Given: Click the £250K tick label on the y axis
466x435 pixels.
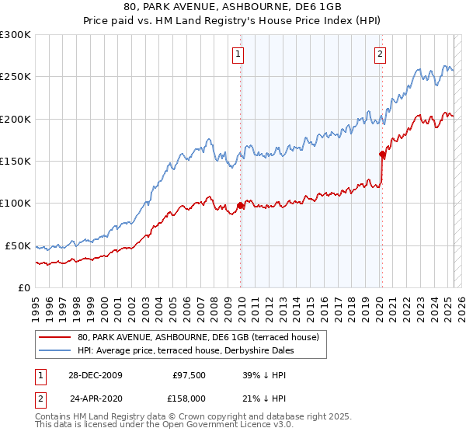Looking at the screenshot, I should click(x=15, y=77).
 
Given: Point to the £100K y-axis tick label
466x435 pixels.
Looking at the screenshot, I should click(x=15, y=204).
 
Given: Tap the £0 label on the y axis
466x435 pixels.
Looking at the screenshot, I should click(x=24, y=287).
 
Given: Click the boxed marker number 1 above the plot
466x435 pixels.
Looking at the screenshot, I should click(x=237, y=54).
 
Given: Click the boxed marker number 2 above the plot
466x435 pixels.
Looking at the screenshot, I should click(x=381, y=54).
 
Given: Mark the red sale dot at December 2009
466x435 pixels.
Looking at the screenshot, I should click(x=241, y=205).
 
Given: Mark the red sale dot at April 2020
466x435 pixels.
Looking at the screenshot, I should click(x=382, y=154).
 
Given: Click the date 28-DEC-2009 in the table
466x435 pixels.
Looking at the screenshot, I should click(x=96, y=374).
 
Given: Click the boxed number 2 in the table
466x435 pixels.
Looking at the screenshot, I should click(x=39, y=398).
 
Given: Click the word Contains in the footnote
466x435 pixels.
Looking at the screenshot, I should click(x=54, y=417).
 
